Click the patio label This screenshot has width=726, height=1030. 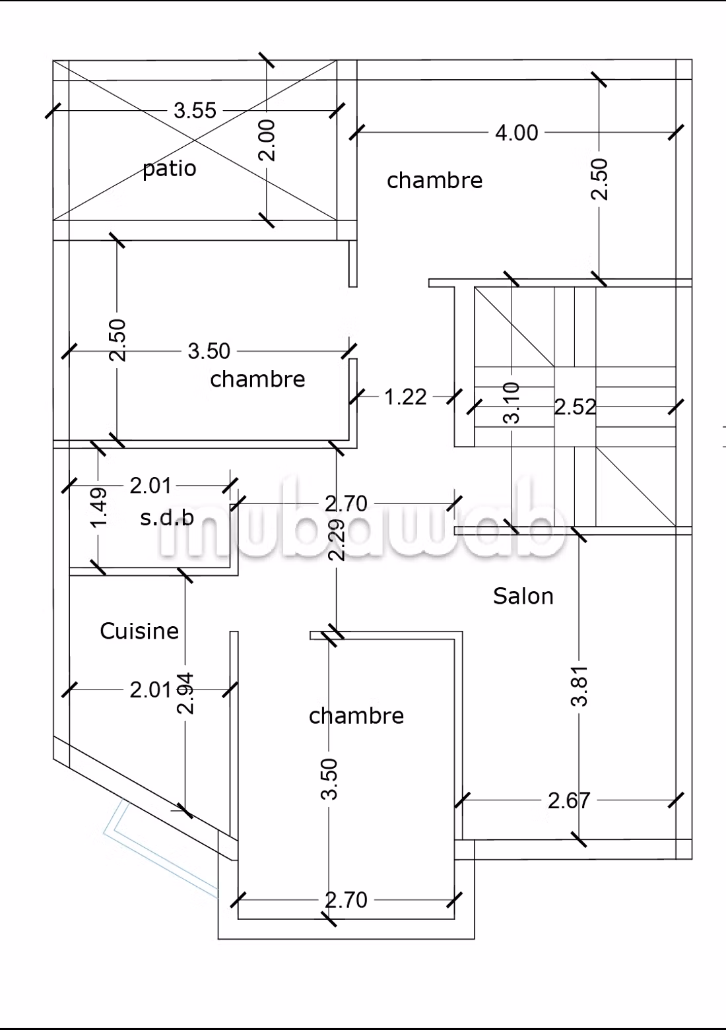pyautogui.click(x=170, y=169)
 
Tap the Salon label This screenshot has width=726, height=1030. pyautogui.click(x=523, y=596)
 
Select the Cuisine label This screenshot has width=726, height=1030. pyautogui.click(x=139, y=631)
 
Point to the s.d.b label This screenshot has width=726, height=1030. pyautogui.click(x=167, y=518)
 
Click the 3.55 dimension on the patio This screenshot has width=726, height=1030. pyautogui.click(x=195, y=111)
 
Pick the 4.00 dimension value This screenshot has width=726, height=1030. pyautogui.click(x=516, y=133)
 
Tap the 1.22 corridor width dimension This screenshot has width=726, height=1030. pyautogui.click(x=405, y=397)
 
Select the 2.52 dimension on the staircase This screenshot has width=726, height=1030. pyautogui.click(x=575, y=407)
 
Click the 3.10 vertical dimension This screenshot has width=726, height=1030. pyautogui.click(x=511, y=402)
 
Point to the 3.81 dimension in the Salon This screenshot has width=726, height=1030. pyautogui.click(x=579, y=686)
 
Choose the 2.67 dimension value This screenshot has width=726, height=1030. pyautogui.click(x=569, y=800)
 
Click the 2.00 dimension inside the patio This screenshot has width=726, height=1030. pyautogui.click(x=267, y=141)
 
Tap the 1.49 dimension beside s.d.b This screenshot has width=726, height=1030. pyautogui.click(x=98, y=507)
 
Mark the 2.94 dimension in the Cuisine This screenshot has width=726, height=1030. pyautogui.click(x=185, y=693)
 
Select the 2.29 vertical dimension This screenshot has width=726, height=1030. pyautogui.click(x=337, y=539)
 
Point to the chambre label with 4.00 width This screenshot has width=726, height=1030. pyautogui.click(x=435, y=180)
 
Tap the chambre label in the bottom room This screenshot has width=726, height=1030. pyautogui.click(x=356, y=716)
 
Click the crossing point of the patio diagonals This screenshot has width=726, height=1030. pyautogui.click(x=195, y=141)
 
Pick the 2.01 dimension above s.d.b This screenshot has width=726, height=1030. pyautogui.click(x=150, y=486)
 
